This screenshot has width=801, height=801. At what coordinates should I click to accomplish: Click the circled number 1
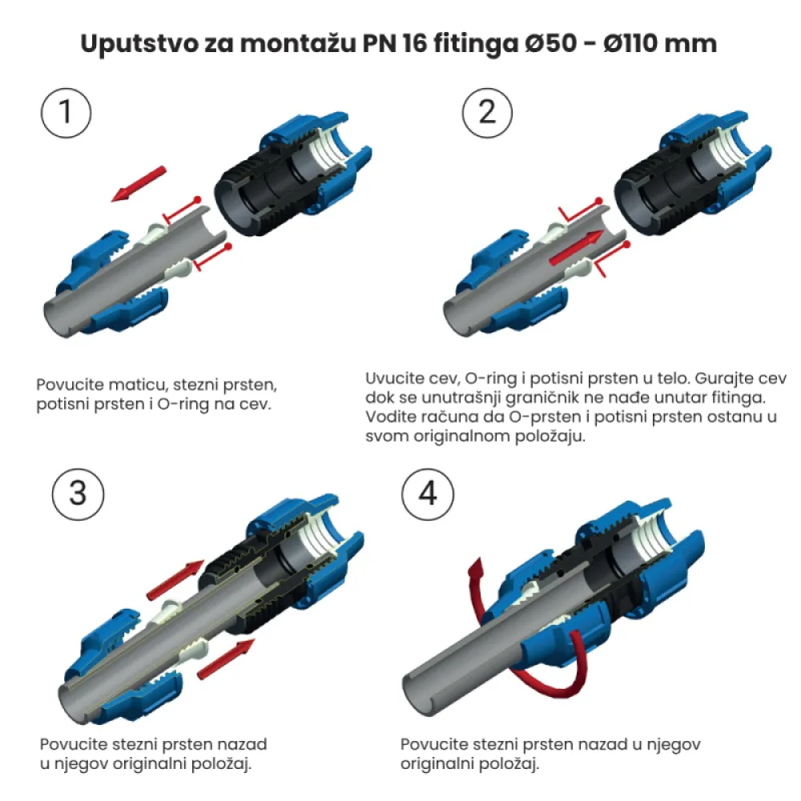66,113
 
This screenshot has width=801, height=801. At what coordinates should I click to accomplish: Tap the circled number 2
487,113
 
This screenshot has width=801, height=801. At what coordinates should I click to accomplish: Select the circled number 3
78,494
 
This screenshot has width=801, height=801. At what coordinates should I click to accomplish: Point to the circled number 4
428,494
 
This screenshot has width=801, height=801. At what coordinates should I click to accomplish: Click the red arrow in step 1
139,184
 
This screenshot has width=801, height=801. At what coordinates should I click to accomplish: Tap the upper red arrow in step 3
175,580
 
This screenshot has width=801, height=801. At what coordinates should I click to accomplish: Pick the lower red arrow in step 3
226,659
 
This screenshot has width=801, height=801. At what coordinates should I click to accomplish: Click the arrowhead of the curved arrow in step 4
476,568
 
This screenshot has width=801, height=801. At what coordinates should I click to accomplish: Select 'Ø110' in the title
632,43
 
